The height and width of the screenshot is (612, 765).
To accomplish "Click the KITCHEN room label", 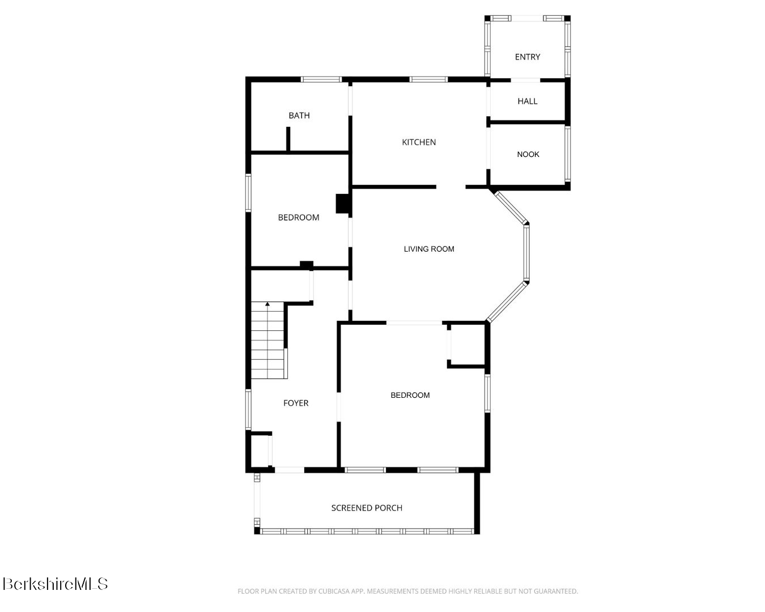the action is point(418,142).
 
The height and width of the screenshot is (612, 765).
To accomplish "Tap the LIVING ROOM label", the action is point(429,249).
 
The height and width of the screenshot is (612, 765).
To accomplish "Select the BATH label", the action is point(299,116).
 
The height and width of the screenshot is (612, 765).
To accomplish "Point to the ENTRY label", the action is point(527,57).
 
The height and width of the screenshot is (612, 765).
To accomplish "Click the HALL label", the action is point(527,101).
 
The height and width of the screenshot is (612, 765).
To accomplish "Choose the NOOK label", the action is point(528,154).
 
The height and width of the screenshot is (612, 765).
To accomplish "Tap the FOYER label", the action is point(296,403).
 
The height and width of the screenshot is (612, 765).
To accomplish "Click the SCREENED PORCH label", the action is point(367,508).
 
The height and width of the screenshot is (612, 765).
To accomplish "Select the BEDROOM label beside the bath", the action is point(298,217).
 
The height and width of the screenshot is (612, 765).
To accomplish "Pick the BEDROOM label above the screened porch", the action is point(410,395).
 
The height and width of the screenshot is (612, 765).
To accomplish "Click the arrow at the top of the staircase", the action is point(267,304).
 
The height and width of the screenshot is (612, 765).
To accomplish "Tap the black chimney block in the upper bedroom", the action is point(343,203).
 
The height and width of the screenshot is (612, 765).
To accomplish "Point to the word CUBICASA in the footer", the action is point(333,592).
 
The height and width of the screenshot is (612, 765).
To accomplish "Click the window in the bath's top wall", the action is point(321,79).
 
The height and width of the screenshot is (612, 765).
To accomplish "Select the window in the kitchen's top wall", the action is point(428,79).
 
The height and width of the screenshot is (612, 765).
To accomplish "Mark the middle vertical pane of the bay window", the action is point(526,253).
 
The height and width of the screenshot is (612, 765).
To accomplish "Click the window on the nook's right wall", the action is point(568,154).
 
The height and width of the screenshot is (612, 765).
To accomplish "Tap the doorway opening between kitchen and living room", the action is point(450,187).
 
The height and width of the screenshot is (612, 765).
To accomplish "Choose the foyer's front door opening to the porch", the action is point(290,470).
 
